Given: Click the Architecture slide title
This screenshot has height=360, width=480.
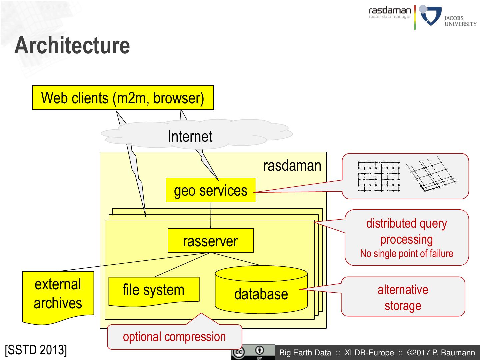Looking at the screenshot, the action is point(72,45).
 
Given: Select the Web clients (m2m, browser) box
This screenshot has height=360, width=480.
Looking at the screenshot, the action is point(123,98).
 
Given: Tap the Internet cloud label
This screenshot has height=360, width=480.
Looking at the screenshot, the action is point(190,136).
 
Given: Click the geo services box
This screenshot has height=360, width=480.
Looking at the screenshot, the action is point(211,190).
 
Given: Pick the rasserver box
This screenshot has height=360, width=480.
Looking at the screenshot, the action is point(211,240).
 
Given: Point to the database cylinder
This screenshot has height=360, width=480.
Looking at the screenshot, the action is point(261,290).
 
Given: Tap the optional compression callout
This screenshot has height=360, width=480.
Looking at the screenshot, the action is point(175,337).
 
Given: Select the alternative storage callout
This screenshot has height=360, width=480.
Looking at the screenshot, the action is point(403,297).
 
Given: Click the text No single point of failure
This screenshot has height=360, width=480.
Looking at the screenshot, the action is point(407,254).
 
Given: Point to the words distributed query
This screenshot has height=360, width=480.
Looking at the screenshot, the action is point(407,224).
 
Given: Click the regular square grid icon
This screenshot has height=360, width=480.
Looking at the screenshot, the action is point(379,177).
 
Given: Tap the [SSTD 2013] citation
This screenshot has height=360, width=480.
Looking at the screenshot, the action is point(36,350).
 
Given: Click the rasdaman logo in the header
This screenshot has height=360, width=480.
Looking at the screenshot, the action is point(390,12).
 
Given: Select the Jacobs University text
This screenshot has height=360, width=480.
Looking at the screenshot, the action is point(460,21).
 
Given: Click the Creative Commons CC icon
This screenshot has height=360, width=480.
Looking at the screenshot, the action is point(239,352).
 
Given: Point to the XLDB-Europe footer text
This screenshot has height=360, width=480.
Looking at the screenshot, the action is point(369,353).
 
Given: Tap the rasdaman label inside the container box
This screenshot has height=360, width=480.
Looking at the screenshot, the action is point(292,166).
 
